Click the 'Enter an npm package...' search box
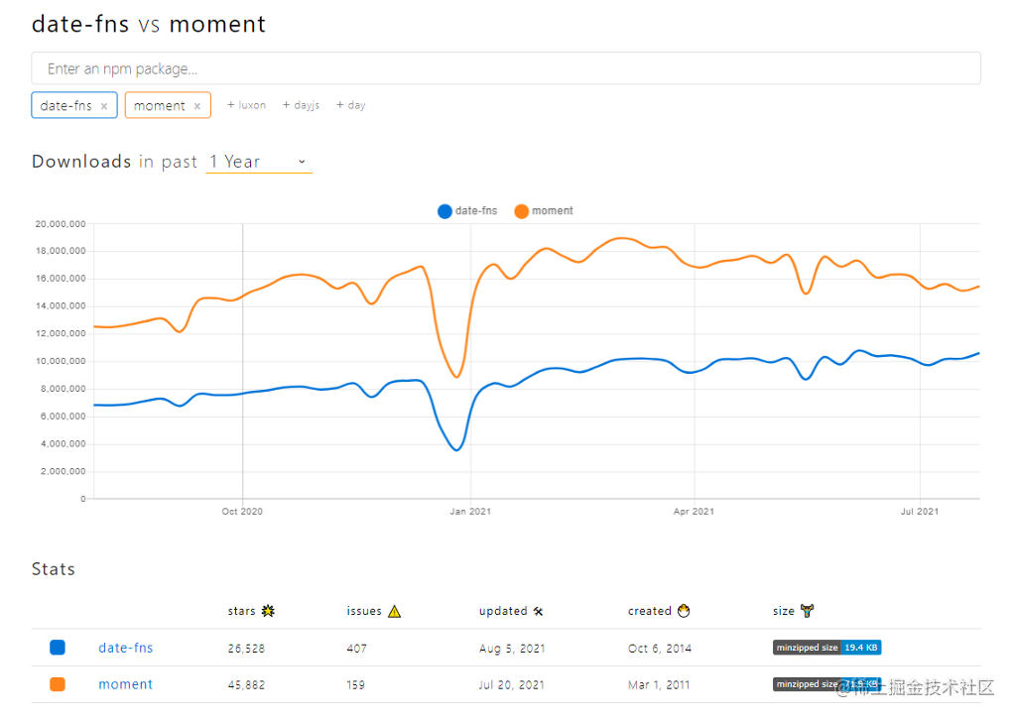tap(506, 68)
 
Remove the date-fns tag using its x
tap(104, 106)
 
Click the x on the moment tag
tap(197, 106)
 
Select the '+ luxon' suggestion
tap(247, 105)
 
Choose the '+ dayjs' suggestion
tap(302, 105)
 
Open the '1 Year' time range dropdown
tap(259, 162)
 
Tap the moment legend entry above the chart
tap(544, 211)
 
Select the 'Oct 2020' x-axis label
tap(243, 512)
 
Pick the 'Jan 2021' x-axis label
tap(470, 512)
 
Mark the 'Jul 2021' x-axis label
tap(920, 512)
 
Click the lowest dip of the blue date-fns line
tap(456, 450)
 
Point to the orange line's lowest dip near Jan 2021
tap(456, 377)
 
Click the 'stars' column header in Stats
tap(242, 612)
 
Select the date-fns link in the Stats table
tap(126, 649)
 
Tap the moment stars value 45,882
tap(246, 684)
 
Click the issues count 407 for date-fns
tap(356, 649)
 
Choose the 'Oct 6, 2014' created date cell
tap(660, 649)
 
